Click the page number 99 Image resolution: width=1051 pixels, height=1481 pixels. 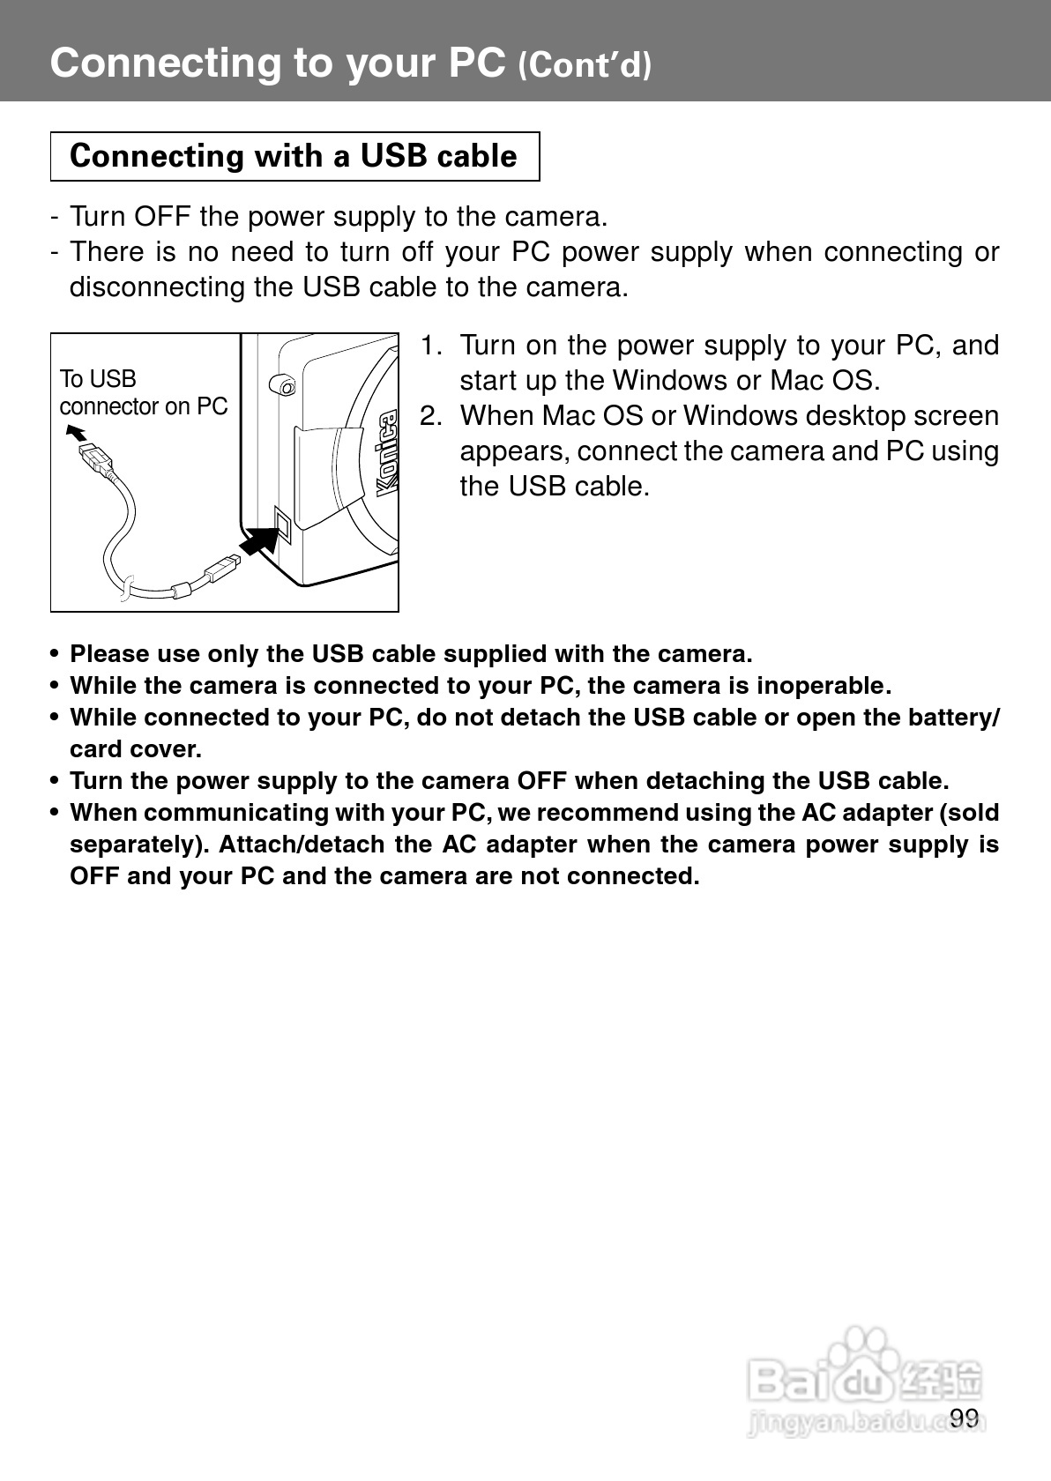click(965, 1417)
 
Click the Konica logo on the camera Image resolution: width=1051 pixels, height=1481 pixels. click(386, 456)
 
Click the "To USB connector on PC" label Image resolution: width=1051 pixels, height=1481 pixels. click(143, 392)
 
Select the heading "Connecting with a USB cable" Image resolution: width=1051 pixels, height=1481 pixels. click(294, 156)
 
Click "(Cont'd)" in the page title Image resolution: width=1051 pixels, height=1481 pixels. click(585, 65)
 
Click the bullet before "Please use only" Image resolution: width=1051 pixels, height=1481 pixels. click(56, 655)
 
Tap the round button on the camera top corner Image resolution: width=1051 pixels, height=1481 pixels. click(282, 384)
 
